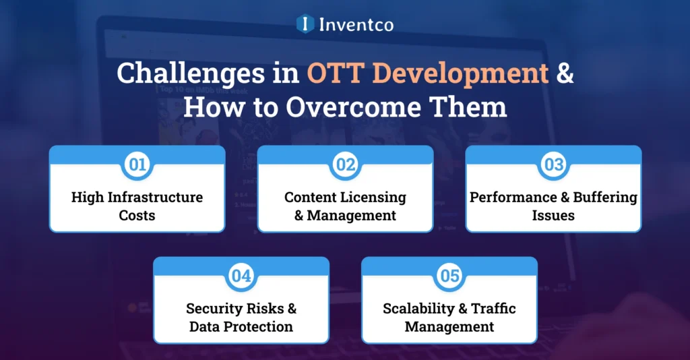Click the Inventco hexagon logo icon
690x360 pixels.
tap(305, 24)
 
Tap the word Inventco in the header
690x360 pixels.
tap(355, 25)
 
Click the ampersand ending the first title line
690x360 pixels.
tap(565, 73)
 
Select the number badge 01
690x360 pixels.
tap(137, 165)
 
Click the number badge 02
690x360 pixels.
tap(345, 165)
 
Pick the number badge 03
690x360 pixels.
tap(553, 165)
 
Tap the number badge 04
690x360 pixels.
tap(241, 276)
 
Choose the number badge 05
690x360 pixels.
tap(449, 276)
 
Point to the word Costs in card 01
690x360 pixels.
tap(137, 216)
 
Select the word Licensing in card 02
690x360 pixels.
tap(373, 198)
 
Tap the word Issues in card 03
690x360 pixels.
tap(553, 216)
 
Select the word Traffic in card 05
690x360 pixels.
tap(493, 309)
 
